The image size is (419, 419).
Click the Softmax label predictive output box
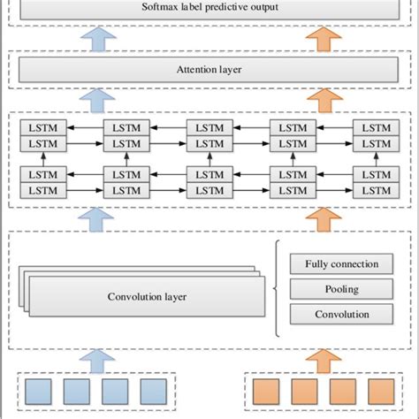click(x=209, y=9)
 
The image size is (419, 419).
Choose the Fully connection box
click(x=341, y=264)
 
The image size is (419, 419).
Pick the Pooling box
click(x=341, y=289)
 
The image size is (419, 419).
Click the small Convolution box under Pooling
click(x=341, y=314)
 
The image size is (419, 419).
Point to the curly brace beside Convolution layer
click(x=278, y=288)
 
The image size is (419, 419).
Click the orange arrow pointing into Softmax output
click(x=324, y=36)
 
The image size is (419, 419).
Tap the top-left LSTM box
click(x=41, y=128)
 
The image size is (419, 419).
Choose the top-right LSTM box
click(x=370, y=128)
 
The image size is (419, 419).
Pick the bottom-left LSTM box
click(x=41, y=190)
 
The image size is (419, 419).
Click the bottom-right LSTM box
click(x=370, y=190)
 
